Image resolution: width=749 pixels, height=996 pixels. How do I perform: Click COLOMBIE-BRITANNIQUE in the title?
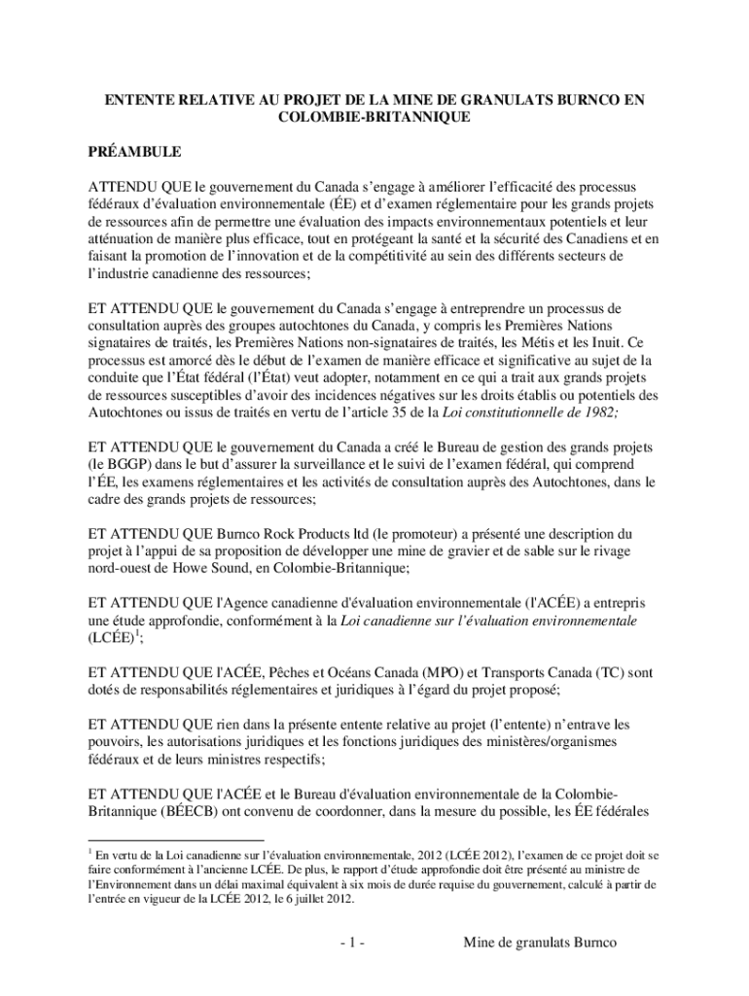(374, 118)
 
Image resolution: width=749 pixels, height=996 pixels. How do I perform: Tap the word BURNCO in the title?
(576, 100)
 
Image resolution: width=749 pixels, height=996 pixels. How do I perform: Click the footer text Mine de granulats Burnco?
(540, 943)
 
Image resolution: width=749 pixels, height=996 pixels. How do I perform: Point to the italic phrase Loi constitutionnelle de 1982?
(521, 412)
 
